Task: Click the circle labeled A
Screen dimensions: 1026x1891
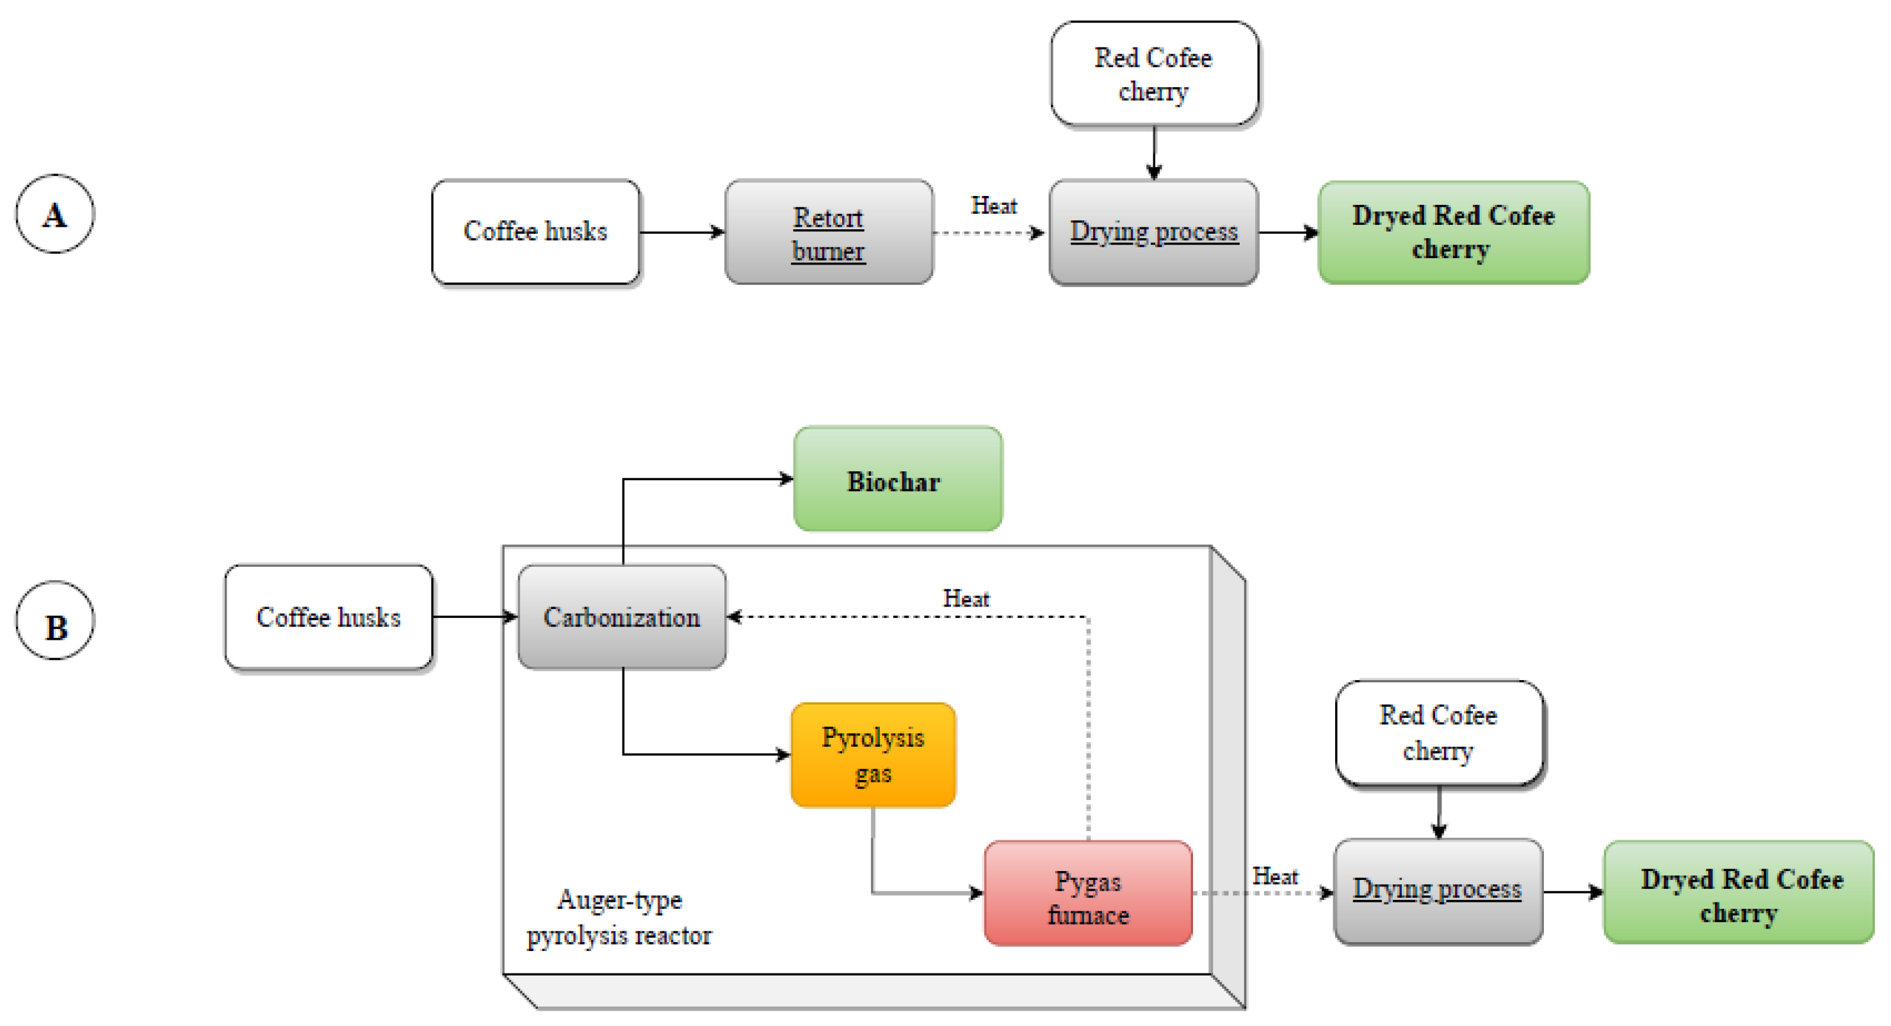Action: (x=55, y=214)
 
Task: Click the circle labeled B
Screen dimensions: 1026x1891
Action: (x=55, y=621)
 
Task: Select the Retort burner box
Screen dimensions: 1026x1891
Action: (x=829, y=232)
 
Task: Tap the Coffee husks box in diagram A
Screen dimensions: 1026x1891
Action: (x=535, y=232)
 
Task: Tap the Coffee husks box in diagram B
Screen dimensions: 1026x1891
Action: (x=328, y=617)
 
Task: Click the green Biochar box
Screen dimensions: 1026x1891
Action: (x=897, y=479)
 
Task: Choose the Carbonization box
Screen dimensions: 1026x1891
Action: (x=622, y=617)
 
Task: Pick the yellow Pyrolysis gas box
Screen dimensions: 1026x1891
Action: (x=873, y=755)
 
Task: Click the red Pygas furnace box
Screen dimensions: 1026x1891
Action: (x=1088, y=893)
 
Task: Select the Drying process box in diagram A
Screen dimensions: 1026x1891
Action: (x=1153, y=232)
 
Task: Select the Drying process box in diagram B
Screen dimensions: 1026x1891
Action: (x=1438, y=891)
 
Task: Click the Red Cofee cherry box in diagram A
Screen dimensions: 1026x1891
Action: (x=1154, y=74)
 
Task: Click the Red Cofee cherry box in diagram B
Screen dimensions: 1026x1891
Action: (x=1439, y=733)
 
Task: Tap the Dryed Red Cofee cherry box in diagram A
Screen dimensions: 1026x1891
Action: (x=1454, y=232)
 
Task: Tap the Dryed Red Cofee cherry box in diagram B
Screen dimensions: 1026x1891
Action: (x=1739, y=893)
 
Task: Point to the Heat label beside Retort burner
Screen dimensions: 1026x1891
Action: (x=994, y=206)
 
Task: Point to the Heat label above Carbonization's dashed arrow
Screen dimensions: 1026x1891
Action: (x=966, y=599)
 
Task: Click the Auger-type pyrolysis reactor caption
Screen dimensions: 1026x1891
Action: (x=620, y=917)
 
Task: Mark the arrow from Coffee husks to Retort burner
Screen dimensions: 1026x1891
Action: (x=682, y=232)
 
